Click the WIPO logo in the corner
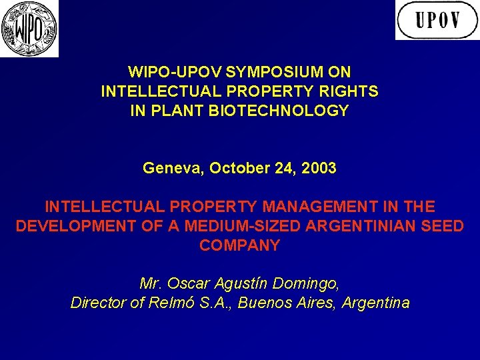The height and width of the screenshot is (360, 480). pos(29,29)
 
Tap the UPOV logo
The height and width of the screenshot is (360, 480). pos(437,20)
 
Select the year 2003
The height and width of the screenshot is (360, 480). pos(318,168)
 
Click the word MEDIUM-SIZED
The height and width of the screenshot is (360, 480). pos(243,226)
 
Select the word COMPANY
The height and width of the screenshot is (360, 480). pos(239,245)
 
